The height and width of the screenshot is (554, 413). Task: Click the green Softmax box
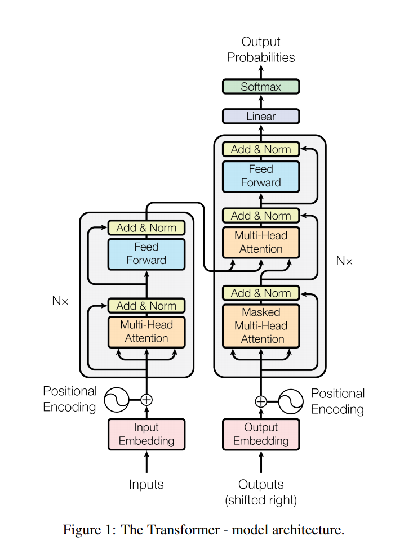261,87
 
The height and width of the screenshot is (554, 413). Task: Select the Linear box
261,116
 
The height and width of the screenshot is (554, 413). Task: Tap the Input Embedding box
146,434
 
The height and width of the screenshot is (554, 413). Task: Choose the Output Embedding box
261,434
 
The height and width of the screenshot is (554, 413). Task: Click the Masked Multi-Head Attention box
261,326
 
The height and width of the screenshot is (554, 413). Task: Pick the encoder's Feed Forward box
146,254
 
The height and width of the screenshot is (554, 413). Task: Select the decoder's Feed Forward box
261,177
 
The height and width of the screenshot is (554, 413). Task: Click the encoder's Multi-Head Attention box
146,332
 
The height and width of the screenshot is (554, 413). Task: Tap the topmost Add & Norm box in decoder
261,149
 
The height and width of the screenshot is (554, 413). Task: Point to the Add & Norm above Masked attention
261,293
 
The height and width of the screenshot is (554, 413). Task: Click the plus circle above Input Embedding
146,400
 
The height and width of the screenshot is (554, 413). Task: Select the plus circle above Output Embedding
261,401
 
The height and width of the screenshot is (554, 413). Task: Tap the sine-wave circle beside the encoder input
117,400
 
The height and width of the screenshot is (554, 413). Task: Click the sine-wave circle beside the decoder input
291,401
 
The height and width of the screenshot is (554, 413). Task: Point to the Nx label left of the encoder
60,301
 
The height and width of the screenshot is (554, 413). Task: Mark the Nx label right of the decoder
344,261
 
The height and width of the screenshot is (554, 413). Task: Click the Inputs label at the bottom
146,484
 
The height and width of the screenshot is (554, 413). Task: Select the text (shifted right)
261,501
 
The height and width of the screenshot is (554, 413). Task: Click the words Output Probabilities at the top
261,50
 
